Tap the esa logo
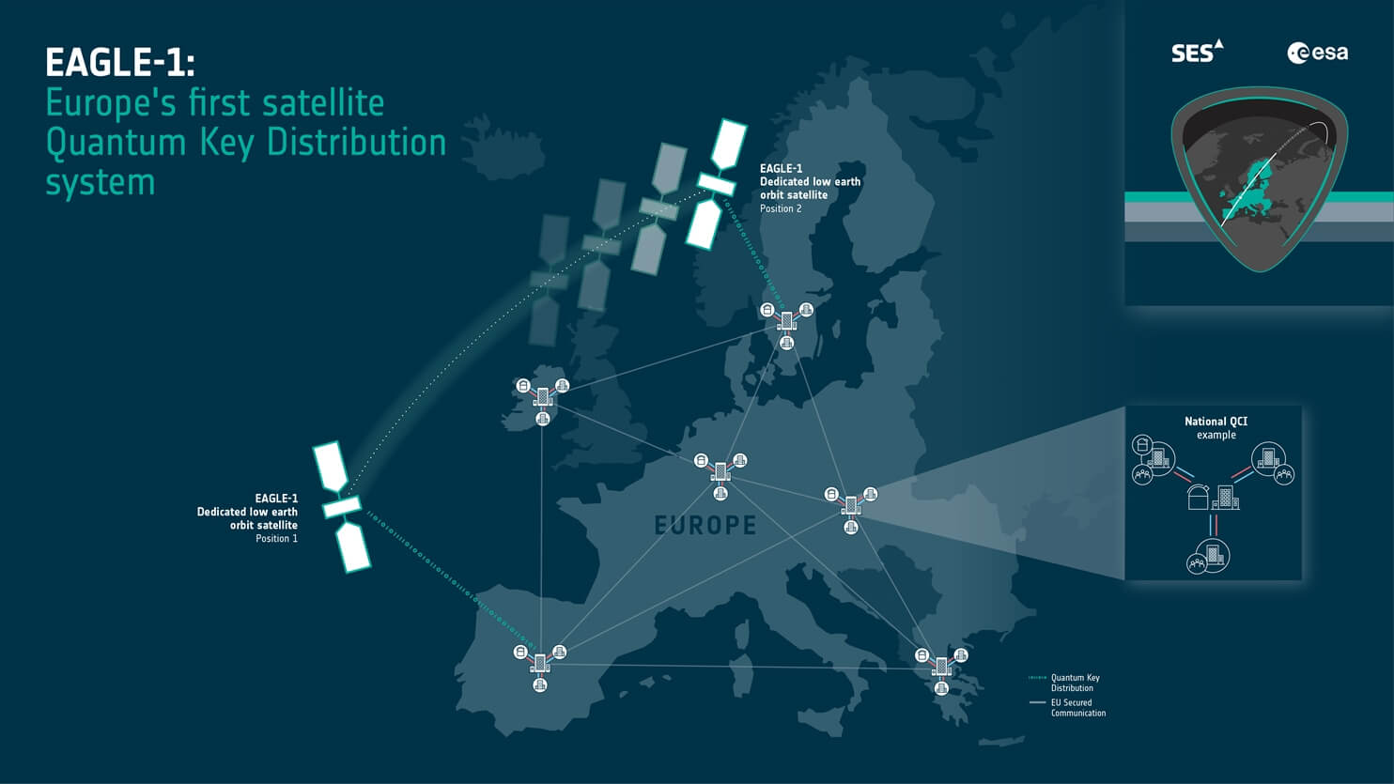coord(1317,53)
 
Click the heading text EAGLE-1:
coord(120,63)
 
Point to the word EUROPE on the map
coord(705,525)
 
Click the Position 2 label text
coord(781,208)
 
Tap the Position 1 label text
coord(276,539)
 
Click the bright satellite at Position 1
coord(342,507)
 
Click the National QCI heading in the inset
coord(1216,422)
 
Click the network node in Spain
coord(540,664)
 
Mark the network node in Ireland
coord(543,398)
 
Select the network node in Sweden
coord(787,321)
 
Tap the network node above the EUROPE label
coord(720,471)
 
